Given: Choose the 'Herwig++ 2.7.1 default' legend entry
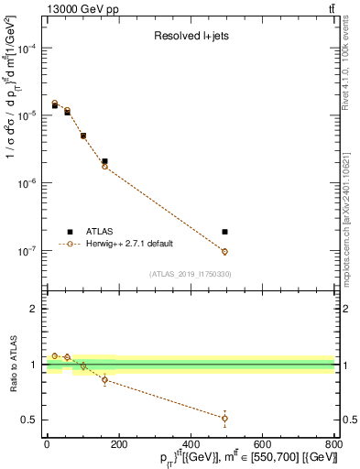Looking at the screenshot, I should [x=129, y=245].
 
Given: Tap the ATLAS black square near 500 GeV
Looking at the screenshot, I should [x=224, y=232].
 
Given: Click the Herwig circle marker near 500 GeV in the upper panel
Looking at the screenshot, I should [x=224, y=251].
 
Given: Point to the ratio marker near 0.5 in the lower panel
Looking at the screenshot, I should [x=224, y=418].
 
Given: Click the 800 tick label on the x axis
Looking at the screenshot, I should [x=333, y=443].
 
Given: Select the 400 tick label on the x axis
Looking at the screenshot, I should [x=191, y=443].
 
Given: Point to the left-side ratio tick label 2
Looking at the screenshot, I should [x=33, y=309].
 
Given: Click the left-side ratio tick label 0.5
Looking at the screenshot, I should [x=29, y=420].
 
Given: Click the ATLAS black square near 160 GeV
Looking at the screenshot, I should [x=104, y=161].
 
